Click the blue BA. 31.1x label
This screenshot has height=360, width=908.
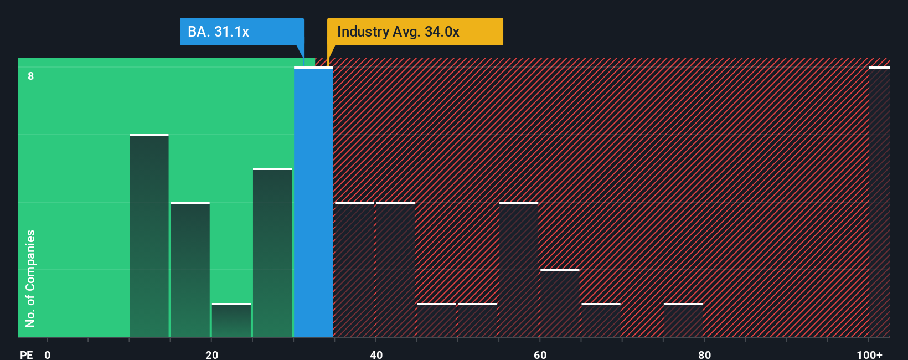(x=241, y=32)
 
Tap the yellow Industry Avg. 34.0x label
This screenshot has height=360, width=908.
(x=415, y=32)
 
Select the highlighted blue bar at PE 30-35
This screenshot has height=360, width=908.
(x=313, y=202)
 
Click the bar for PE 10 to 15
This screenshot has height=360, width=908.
(x=149, y=236)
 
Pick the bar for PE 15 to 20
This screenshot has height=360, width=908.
(x=190, y=270)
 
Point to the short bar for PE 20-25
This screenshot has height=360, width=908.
(x=231, y=320)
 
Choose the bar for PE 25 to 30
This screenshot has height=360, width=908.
(x=272, y=253)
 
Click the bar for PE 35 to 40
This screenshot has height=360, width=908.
(x=354, y=270)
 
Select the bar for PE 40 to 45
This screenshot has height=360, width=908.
(x=395, y=270)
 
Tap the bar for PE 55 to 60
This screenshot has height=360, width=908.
(x=519, y=270)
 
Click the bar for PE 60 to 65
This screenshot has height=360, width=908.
(x=560, y=304)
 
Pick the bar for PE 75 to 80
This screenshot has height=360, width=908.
(x=683, y=320)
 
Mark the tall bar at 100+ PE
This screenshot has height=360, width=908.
(x=879, y=202)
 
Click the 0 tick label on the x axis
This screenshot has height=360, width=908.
(x=48, y=354)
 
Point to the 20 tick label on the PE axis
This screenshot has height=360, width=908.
(x=211, y=354)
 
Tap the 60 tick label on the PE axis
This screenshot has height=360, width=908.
(x=540, y=354)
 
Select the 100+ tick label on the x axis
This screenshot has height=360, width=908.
(x=869, y=354)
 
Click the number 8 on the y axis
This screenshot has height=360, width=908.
(x=31, y=76)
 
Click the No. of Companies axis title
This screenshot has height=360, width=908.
(x=30, y=278)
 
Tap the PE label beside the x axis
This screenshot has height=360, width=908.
(x=26, y=354)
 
